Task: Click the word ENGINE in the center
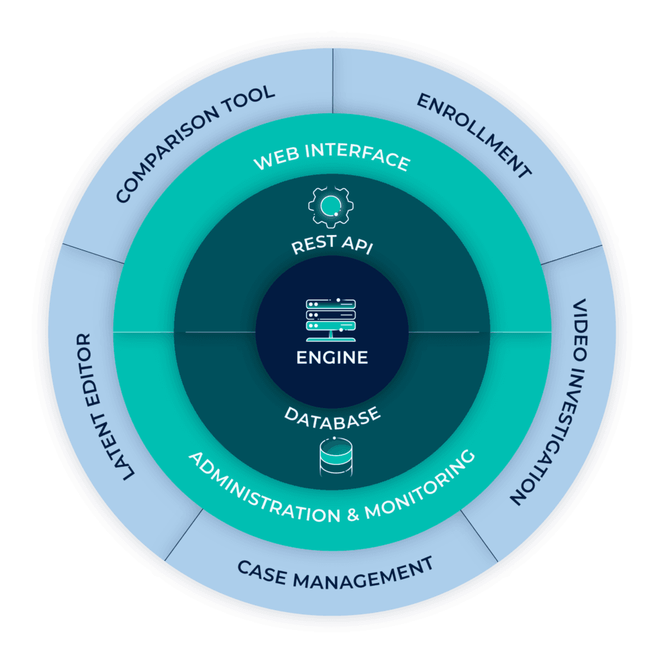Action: [332, 358]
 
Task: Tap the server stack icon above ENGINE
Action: [331, 317]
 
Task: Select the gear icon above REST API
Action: [330, 207]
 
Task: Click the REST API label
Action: [331, 244]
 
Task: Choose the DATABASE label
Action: [333, 417]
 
